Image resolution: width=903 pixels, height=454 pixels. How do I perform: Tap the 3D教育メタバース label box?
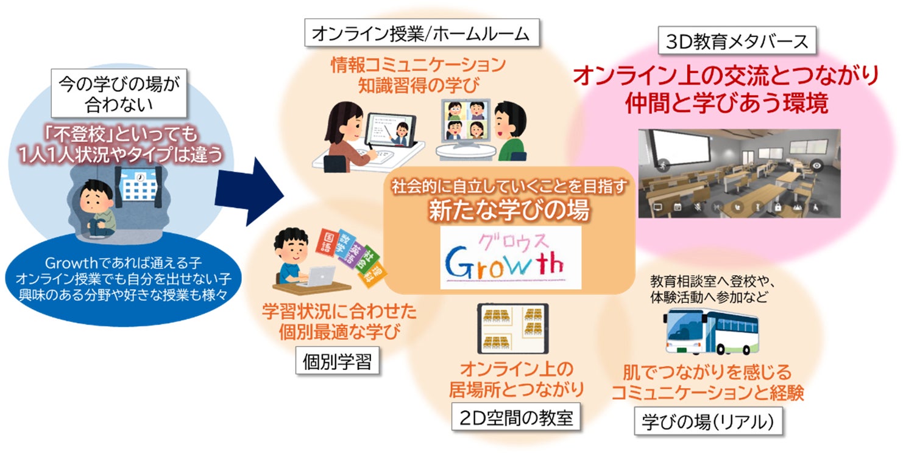point(737,41)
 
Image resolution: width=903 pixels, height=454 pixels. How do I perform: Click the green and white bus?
point(711,331)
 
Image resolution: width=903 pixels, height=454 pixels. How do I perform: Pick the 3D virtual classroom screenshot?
point(739,173)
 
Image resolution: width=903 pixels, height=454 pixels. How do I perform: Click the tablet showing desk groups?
point(512,329)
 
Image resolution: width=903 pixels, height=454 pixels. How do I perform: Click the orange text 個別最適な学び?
point(339,332)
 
